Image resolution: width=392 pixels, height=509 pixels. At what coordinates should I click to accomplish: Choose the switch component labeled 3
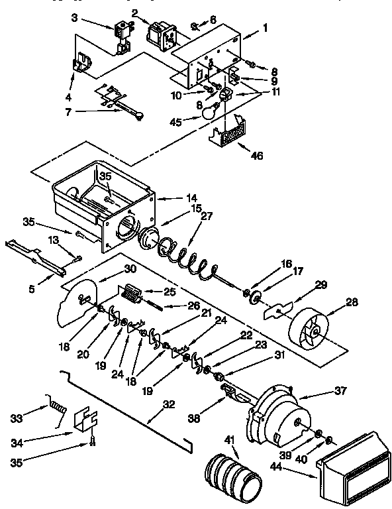tap(122, 35)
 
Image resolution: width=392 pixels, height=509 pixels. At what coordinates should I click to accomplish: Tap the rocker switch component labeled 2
tap(159, 34)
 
